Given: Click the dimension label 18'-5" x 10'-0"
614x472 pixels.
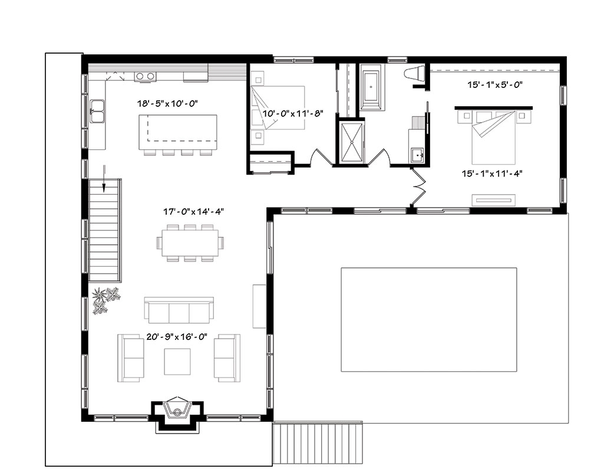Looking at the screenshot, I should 167,103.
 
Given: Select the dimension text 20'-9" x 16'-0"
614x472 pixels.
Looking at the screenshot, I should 177,338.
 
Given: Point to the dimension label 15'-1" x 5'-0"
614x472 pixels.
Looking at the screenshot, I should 496,85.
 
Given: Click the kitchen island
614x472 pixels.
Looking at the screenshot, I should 177,132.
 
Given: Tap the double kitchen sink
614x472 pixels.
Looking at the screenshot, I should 97,110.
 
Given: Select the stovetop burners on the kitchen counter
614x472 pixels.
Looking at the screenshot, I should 145,76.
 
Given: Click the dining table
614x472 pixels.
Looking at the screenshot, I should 190,242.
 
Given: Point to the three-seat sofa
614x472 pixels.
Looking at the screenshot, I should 178,309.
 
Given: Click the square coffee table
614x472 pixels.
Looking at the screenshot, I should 177,361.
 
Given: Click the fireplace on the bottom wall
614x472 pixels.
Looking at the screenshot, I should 177,410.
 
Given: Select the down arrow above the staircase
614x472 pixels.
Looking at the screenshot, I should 104,181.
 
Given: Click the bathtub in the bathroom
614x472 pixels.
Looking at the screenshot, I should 372,89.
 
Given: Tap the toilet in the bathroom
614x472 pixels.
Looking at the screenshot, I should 415,74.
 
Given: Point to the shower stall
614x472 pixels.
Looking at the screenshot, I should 350,142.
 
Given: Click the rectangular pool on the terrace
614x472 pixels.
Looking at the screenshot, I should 428,319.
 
